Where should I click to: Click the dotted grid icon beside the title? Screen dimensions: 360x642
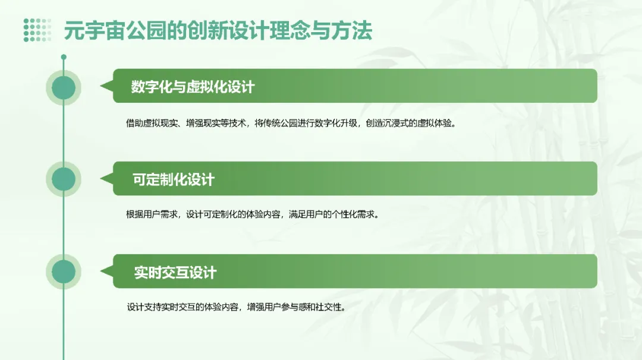point(37,30)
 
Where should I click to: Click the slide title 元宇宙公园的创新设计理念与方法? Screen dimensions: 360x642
point(218,30)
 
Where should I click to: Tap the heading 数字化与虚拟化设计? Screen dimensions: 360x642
point(193,87)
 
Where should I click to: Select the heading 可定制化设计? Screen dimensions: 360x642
point(173,179)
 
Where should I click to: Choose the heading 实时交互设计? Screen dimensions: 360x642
point(175,273)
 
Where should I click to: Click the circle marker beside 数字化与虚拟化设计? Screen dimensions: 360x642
point(64,88)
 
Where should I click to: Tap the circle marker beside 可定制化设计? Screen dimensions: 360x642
point(64,179)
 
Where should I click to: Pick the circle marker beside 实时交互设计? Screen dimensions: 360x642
point(64,271)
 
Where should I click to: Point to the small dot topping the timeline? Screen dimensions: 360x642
point(64,57)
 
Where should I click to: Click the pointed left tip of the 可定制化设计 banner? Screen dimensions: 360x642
point(102,179)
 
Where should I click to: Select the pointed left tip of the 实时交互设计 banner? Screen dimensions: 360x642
point(102,271)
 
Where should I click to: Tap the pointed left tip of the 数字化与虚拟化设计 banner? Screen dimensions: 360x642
point(102,87)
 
